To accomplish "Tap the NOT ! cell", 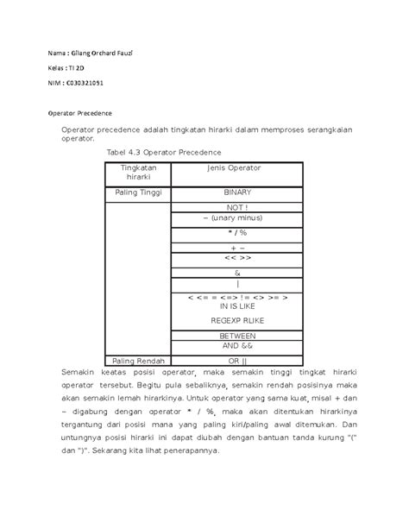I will coord(237,208).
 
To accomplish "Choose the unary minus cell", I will coord(237,220).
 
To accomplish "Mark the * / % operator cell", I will coord(237,233).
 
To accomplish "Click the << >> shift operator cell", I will coord(237,258).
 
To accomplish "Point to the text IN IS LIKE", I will coord(237,305).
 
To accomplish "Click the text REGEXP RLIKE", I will coord(237,320).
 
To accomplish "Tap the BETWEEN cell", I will coord(237,336).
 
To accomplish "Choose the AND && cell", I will coord(237,346).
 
